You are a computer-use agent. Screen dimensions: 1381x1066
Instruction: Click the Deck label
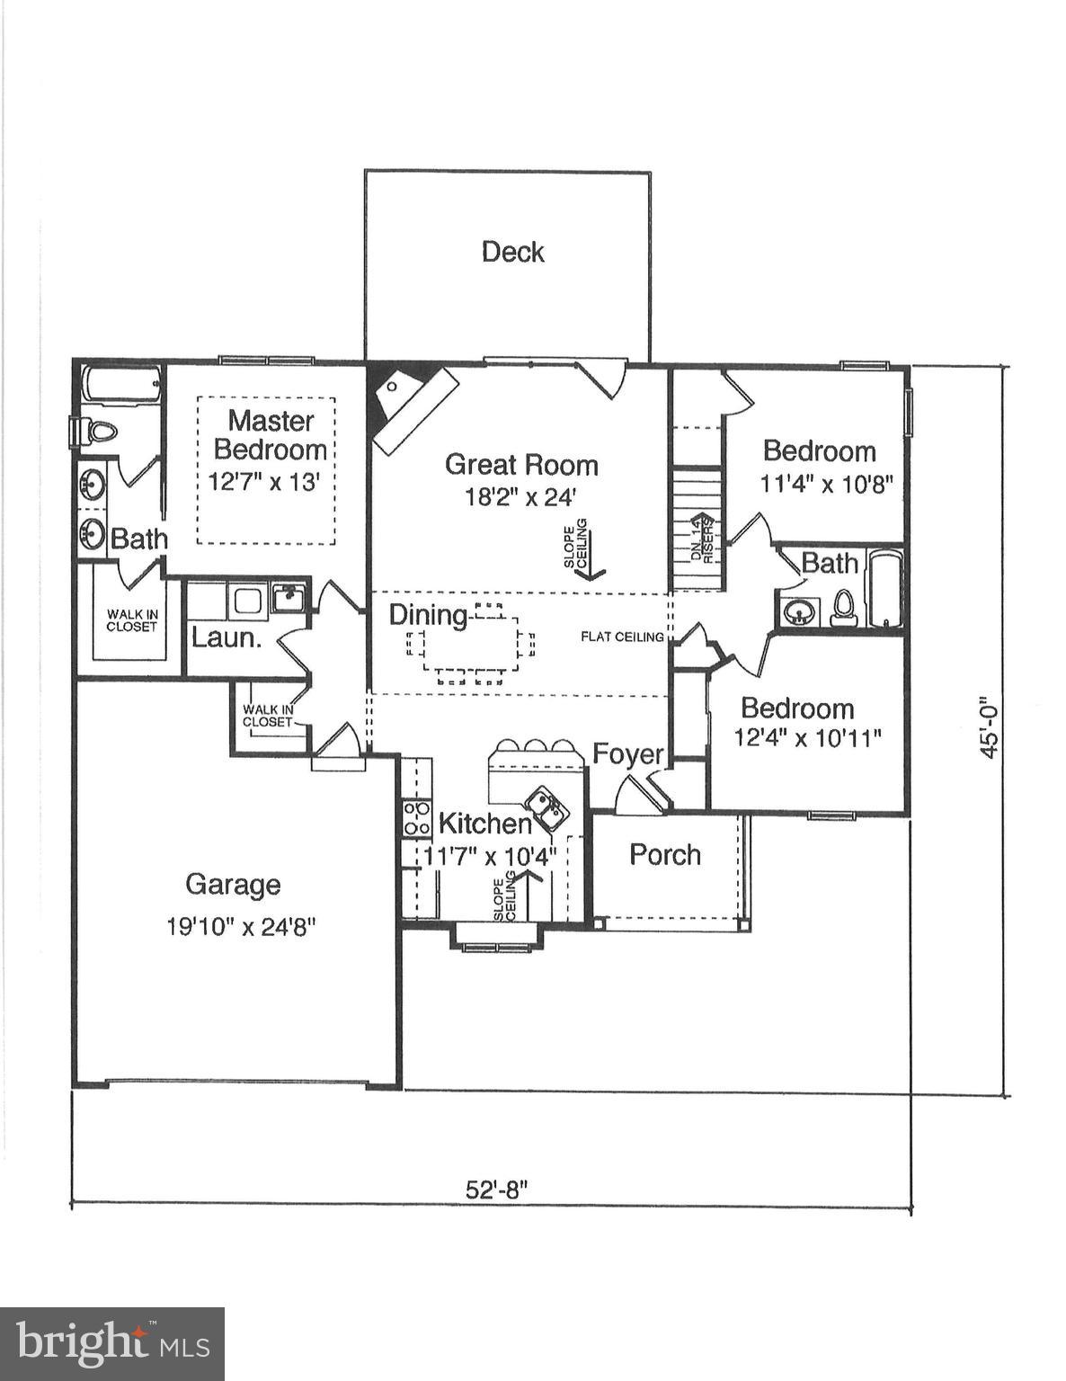512,252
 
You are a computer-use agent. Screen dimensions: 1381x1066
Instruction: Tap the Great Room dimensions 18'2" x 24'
522,496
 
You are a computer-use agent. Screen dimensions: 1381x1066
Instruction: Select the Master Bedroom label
270,434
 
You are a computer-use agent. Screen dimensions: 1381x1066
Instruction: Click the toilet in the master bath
97,431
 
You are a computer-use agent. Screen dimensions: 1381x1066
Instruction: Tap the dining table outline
472,645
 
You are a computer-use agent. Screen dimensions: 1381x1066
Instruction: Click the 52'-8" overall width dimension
495,1189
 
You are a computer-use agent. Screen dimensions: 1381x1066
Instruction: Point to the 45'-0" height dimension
988,726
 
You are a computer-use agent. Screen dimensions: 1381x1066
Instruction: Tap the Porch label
664,854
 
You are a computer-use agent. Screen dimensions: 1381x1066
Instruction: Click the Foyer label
627,754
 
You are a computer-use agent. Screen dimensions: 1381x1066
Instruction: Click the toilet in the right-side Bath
842,609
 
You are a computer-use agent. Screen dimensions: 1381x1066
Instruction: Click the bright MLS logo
112,1344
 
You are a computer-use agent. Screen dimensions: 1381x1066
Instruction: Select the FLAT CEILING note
622,637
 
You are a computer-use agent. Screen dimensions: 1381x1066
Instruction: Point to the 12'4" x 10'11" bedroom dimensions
807,738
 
